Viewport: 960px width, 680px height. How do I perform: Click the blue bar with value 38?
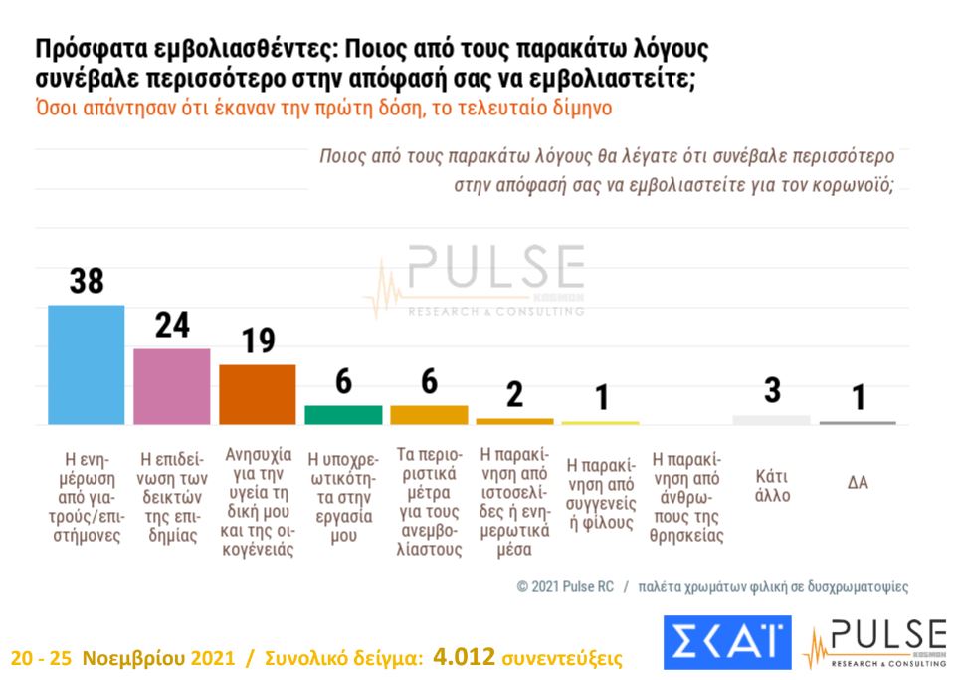coord(87,364)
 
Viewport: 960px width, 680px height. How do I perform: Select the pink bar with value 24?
coord(172,386)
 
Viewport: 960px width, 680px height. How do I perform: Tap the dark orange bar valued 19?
coord(258,394)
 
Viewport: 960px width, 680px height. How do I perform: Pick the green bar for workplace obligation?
coord(343,414)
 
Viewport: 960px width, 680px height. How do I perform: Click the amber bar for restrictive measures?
coord(429,414)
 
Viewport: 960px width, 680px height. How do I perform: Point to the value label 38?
coord(87,281)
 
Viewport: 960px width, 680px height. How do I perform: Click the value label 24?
coord(172,325)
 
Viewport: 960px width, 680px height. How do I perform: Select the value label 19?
coord(258,341)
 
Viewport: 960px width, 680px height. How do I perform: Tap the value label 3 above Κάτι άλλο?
coord(772,390)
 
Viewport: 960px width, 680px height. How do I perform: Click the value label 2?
coord(514,394)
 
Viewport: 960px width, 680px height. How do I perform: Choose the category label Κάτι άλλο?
coord(772,485)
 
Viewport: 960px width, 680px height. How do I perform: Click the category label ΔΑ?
coord(858,483)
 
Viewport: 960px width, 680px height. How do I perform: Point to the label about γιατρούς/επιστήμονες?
coord(87,497)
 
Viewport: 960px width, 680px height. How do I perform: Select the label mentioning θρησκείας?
coord(686,497)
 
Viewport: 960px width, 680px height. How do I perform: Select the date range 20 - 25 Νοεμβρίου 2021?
coord(123,658)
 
